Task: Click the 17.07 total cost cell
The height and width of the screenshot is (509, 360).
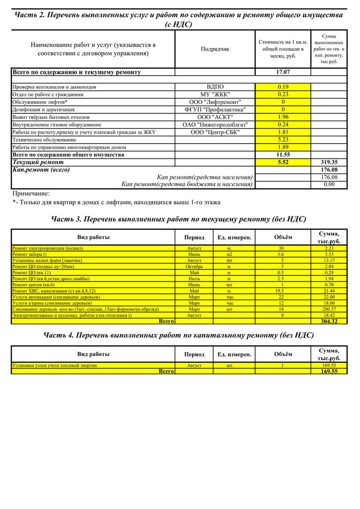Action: point(283,72)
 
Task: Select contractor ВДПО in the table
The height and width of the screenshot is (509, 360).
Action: point(215,87)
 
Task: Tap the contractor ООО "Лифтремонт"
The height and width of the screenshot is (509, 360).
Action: point(215,102)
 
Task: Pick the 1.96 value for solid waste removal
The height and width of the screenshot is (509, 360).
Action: point(283,117)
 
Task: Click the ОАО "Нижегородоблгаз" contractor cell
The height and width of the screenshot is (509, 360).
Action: point(215,124)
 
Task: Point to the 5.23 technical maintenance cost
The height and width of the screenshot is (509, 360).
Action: point(283,140)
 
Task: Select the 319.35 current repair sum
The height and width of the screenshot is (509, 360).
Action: point(329,162)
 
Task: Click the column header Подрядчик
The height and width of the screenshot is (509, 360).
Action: point(215,49)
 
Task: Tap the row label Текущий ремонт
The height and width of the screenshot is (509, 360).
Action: point(38,162)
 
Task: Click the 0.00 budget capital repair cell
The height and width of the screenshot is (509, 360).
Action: point(329,184)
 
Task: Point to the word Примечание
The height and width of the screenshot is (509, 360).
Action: point(31,193)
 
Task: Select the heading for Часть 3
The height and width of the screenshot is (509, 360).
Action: point(179,219)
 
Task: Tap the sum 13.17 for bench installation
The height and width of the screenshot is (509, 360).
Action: point(329,260)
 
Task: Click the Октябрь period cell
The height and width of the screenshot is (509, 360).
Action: point(194,266)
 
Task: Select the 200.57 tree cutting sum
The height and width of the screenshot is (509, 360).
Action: point(329,309)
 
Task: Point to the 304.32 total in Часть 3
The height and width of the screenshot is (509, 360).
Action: point(329,321)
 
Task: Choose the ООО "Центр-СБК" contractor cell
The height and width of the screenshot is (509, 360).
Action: point(215,132)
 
